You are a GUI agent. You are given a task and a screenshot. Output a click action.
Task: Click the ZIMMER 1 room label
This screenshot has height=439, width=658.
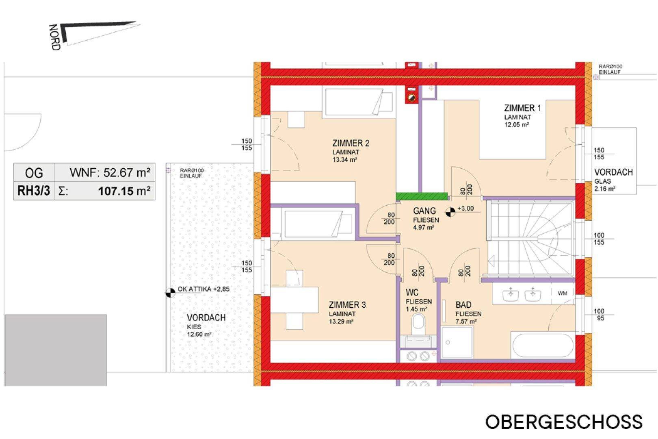(x=522, y=108)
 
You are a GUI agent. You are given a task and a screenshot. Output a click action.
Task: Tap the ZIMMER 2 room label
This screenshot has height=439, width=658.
(x=351, y=143)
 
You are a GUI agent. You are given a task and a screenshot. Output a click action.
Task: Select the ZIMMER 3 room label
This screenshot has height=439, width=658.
(x=347, y=305)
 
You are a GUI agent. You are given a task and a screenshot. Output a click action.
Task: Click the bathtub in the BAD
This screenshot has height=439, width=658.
(x=543, y=345)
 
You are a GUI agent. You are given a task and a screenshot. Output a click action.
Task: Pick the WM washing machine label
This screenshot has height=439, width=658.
(x=562, y=293)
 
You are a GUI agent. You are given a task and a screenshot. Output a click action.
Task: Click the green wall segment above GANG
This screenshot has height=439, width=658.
(x=422, y=196)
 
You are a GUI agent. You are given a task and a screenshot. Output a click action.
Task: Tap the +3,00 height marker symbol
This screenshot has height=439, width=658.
(x=450, y=212)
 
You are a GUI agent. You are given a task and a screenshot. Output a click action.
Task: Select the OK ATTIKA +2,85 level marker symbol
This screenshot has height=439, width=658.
(x=170, y=293)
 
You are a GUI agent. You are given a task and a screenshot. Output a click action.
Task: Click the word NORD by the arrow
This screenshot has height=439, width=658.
(x=54, y=37)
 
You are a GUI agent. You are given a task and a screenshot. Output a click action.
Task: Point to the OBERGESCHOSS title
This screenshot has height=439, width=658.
(x=564, y=422)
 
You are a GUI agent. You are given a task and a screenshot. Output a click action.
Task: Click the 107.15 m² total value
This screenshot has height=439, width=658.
(x=124, y=191)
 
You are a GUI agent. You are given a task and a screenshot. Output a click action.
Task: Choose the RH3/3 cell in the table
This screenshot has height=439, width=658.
(x=34, y=191)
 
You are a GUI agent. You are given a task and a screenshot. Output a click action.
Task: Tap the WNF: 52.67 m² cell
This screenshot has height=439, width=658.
(x=105, y=173)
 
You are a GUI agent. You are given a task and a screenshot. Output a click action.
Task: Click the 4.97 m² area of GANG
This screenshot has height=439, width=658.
(x=424, y=227)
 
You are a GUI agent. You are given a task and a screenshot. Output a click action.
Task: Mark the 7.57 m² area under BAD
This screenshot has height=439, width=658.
(x=466, y=322)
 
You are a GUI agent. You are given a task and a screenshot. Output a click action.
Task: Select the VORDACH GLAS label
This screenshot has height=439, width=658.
(x=613, y=176)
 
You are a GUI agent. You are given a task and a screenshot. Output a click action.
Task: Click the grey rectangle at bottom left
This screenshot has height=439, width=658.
(x=56, y=350)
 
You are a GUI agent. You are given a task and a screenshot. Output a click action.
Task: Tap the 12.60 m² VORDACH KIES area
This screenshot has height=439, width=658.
(x=199, y=334)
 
